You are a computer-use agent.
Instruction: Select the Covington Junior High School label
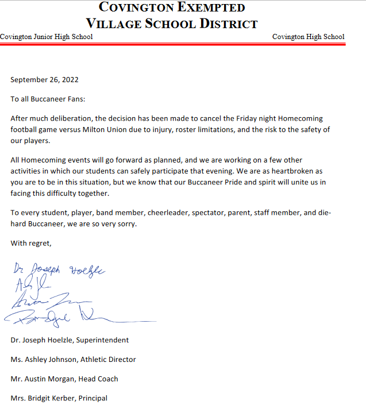(46, 37)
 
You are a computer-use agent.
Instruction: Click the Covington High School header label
(308, 37)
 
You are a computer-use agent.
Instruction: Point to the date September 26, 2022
(44, 80)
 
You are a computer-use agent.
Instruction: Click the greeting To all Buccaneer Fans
(48, 99)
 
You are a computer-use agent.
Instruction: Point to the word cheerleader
(170, 213)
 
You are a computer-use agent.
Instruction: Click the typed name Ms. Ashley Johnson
(42, 360)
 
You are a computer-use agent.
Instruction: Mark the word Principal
(93, 398)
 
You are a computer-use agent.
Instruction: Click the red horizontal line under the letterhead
(172, 44)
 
